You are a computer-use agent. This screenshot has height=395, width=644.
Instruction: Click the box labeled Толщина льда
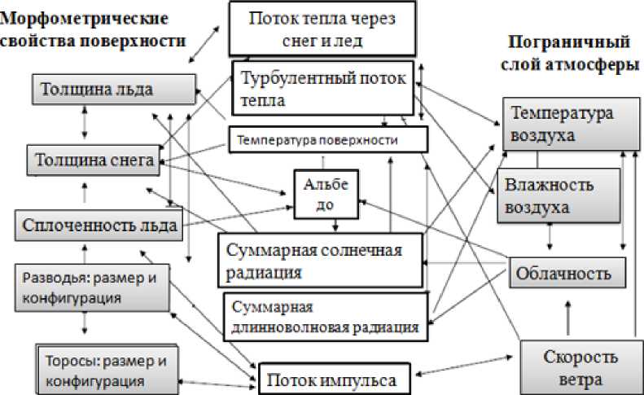pos(114,89)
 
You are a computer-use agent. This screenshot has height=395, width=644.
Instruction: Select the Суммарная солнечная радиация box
pos(321,260)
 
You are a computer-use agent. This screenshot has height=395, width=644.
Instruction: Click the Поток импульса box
pos(335,379)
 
